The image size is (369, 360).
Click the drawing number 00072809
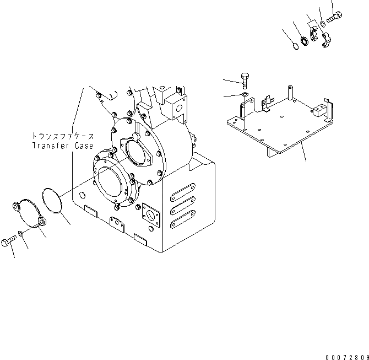pyautogui.click(x=345, y=355)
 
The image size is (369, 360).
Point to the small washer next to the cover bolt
pyautogui.click(x=20, y=233)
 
